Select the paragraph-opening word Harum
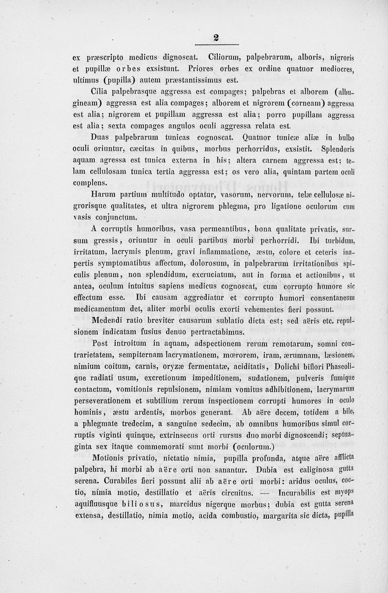tap(103, 194)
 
